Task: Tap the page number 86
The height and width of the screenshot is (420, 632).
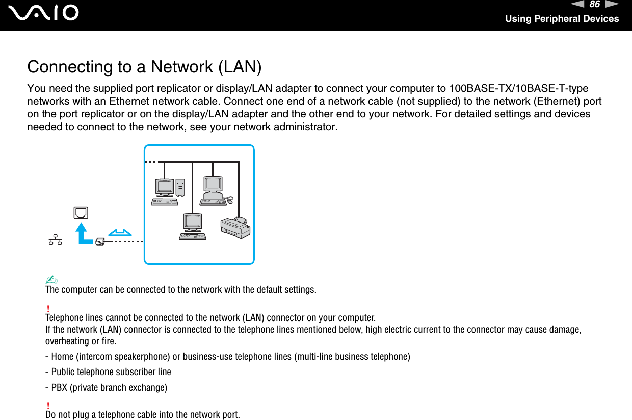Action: [x=594, y=5]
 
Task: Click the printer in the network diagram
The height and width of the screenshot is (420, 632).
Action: [x=235, y=228]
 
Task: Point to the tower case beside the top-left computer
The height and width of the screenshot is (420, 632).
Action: [x=180, y=187]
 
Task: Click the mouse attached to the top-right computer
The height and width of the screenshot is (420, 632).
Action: [x=230, y=200]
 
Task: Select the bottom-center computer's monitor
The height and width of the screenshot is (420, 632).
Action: [x=192, y=221]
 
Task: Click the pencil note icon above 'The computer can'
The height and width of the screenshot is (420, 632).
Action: [x=51, y=280]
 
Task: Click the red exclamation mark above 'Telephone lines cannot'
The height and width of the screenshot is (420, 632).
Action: [x=47, y=308]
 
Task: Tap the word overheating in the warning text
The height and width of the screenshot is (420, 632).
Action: [x=66, y=341]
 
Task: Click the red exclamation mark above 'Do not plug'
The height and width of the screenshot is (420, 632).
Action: [x=47, y=405]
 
